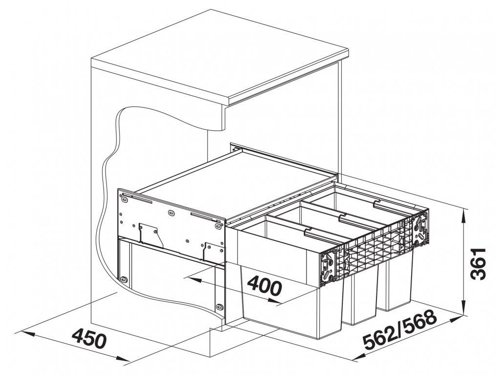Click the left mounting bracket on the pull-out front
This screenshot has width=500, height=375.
(330, 266)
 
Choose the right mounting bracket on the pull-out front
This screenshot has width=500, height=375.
(420, 229)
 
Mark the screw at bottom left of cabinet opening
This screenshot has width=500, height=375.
(123, 280)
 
